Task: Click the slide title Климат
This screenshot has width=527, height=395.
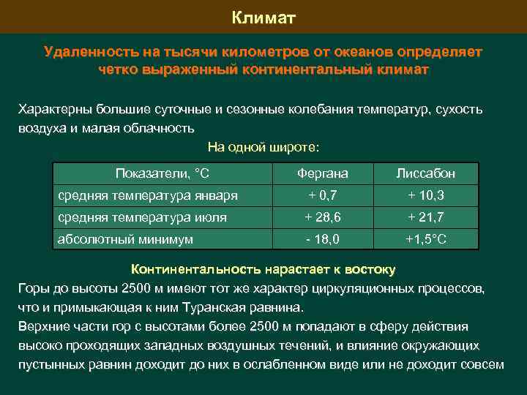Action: pos(263,17)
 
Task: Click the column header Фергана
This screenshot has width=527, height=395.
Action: pos(322,173)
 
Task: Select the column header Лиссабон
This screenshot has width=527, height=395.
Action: pos(425,173)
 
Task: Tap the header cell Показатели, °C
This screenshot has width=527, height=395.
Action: pos(162,173)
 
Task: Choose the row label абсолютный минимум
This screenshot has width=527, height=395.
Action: pos(125,238)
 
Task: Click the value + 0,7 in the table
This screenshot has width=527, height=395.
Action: pos(322,195)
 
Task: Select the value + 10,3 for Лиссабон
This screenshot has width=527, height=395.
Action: pos(425,195)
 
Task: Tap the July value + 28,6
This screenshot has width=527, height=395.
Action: pos(322,217)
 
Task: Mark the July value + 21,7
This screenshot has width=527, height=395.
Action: pos(425,217)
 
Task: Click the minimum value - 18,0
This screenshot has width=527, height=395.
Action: pos(322,238)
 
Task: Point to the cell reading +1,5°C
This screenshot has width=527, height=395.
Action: pos(426,238)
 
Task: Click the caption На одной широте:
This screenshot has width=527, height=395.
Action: pos(263,146)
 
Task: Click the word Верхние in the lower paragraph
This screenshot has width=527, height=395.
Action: pos(42,326)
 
